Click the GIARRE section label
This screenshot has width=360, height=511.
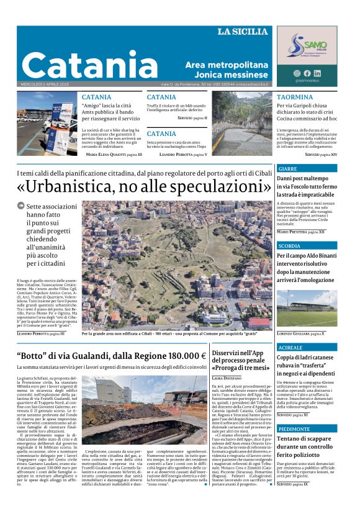point(287,169)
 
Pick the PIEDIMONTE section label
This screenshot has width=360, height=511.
point(294,429)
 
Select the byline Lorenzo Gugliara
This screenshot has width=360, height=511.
point(300,333)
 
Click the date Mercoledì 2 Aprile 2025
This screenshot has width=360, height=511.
point(41,85)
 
